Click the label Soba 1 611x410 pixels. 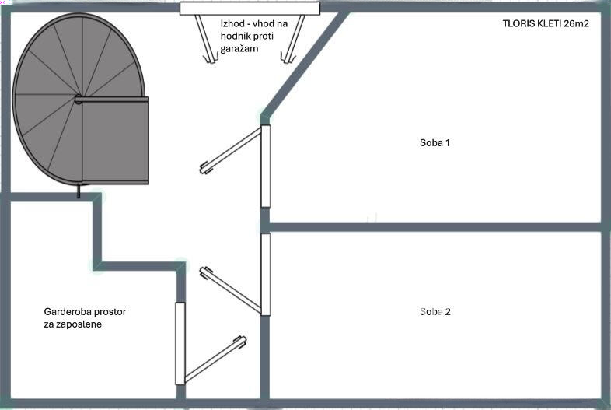click(x=435, y=143)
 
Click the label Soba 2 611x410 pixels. click(x=435, y=312)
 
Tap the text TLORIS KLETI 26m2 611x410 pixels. click(x=545, y=24)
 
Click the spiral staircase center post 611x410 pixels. click(x=79, y=99)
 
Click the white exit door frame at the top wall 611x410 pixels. click(x=250, y=8)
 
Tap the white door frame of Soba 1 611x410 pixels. click(x=265, y=166)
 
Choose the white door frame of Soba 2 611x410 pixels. click(x=265, y=274)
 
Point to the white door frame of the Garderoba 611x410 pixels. click(x=180, y=343)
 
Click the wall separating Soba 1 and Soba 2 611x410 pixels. click(x=435, y=227)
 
